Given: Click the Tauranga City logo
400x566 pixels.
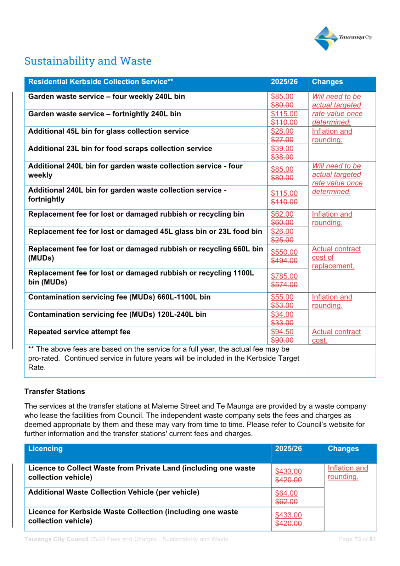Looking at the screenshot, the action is [343, 38].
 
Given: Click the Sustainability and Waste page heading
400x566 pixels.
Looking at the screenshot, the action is [88, 61].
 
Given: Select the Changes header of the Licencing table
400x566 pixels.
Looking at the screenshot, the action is [343, 449].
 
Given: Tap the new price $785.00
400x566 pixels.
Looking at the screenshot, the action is [284, 276].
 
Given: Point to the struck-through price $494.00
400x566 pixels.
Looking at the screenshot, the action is [284, 261].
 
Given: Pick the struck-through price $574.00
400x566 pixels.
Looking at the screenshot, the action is [284, 285].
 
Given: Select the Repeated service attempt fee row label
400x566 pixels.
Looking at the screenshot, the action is [79, 332].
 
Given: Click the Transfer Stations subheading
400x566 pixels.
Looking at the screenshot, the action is [55, 392].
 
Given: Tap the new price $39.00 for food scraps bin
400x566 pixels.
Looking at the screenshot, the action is [282, 148].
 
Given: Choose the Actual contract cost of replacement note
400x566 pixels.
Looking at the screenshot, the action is [336, 257].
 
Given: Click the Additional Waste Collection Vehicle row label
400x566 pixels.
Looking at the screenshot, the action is [114, 492].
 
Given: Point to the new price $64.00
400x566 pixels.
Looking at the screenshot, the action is [286, 493].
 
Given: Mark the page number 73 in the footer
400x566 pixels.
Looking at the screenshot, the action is [357, 539].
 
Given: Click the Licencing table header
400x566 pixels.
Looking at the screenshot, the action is [45, 449].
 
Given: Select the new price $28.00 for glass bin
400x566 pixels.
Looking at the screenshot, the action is [282, 131].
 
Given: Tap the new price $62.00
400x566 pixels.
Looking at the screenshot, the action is [282, 214].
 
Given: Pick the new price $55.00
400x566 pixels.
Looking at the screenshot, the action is [282, 297].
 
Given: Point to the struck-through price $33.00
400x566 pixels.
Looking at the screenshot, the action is [282, 323].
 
